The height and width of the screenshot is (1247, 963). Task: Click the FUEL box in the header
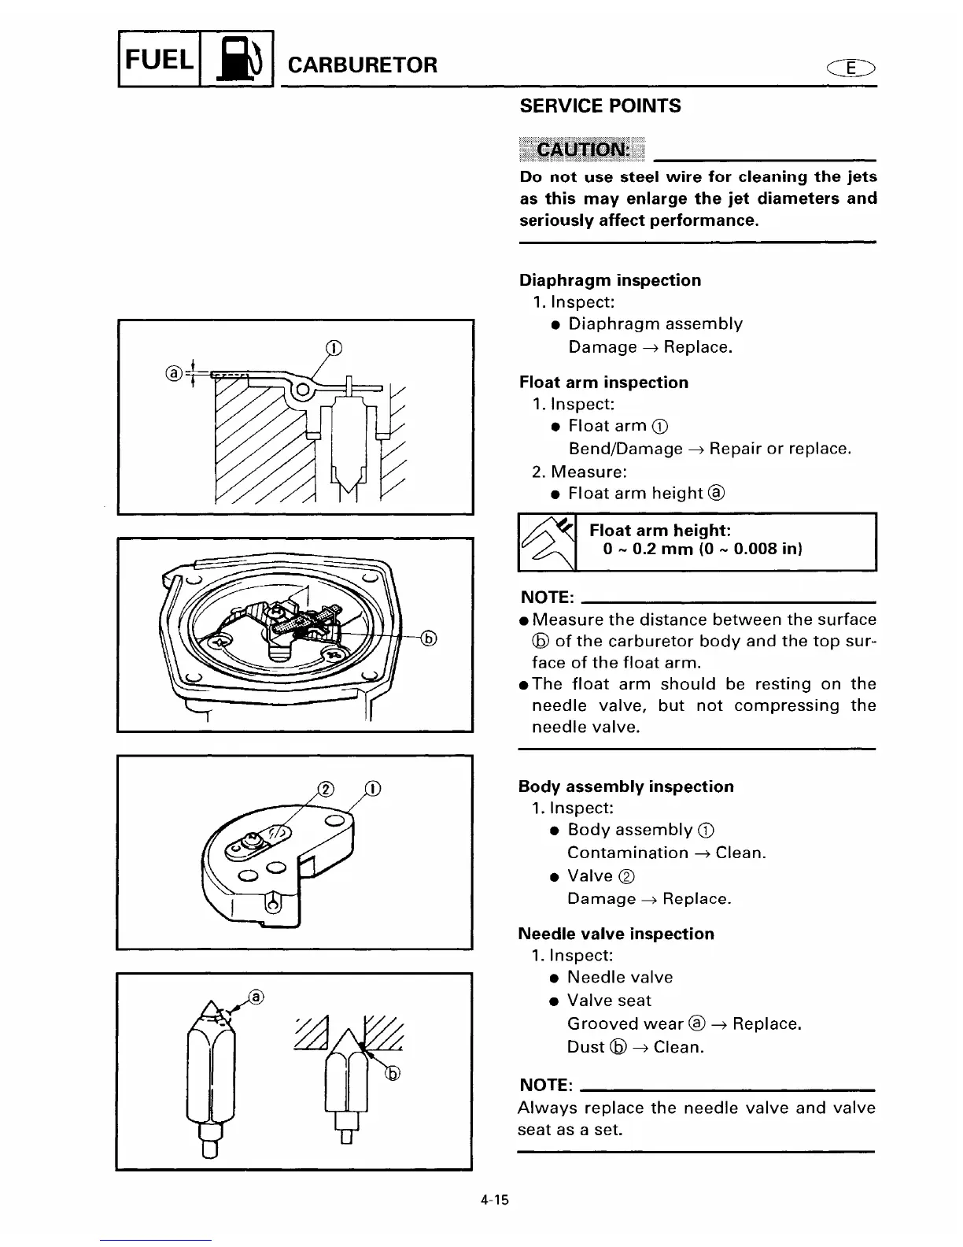pos(159,58)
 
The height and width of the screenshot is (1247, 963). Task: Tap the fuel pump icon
pos(237,60)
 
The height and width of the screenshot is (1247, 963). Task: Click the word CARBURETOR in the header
pos(363,65)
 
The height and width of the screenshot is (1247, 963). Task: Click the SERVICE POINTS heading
pos(600,106)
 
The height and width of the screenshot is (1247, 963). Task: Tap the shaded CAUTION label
pos(581,150)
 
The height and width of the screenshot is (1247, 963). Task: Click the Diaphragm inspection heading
pos(610,280)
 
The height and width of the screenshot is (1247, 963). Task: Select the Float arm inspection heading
pos(603,383)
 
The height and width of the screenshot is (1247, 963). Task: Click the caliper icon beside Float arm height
pos(547,542)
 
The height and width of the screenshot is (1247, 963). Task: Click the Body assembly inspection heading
pos(625,786)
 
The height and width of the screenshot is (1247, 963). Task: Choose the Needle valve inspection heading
pos(616,934)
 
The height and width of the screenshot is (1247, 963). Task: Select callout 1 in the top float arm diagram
pos(334,349)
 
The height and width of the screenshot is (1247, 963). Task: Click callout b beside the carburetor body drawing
pos(430,638)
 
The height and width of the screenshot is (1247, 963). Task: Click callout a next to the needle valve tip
pos(256,998)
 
